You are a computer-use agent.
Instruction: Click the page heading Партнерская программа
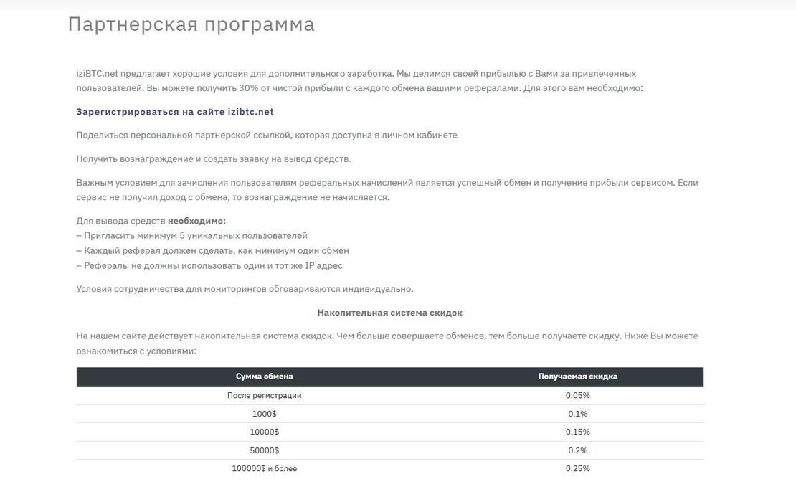click(x=191, y=24)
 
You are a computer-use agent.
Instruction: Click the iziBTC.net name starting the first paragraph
click(x=97, y=74)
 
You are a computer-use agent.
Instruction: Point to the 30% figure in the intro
click(x=249, y=88)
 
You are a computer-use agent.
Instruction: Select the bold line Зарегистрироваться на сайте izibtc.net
click(x=175, y=112)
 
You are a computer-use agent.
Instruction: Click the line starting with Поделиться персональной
click(x=267, y=136)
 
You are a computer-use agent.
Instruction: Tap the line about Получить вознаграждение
click(x=214, y=159)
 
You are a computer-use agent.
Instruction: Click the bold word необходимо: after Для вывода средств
click(x=196, y=221)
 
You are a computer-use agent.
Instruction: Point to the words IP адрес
click(x=323, y=266)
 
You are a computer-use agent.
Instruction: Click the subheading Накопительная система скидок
click(x=389, y=313)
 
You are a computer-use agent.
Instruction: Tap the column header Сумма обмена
click(x=264, y=376)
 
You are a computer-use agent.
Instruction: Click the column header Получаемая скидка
click(x=577, y=376)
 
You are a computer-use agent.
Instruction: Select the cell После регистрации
click(x=264, y=396)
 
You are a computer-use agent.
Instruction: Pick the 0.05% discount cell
click(x=577, y=396)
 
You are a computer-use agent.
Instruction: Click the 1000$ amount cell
click(x=264, y=414)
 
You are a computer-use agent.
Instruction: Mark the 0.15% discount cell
click(x=577, y=432)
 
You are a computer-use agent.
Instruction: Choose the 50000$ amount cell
click(x=264, y=450)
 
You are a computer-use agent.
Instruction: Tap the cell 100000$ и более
click(x=264, y=469)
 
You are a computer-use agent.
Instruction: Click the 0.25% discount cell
click(x=577, y=469)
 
